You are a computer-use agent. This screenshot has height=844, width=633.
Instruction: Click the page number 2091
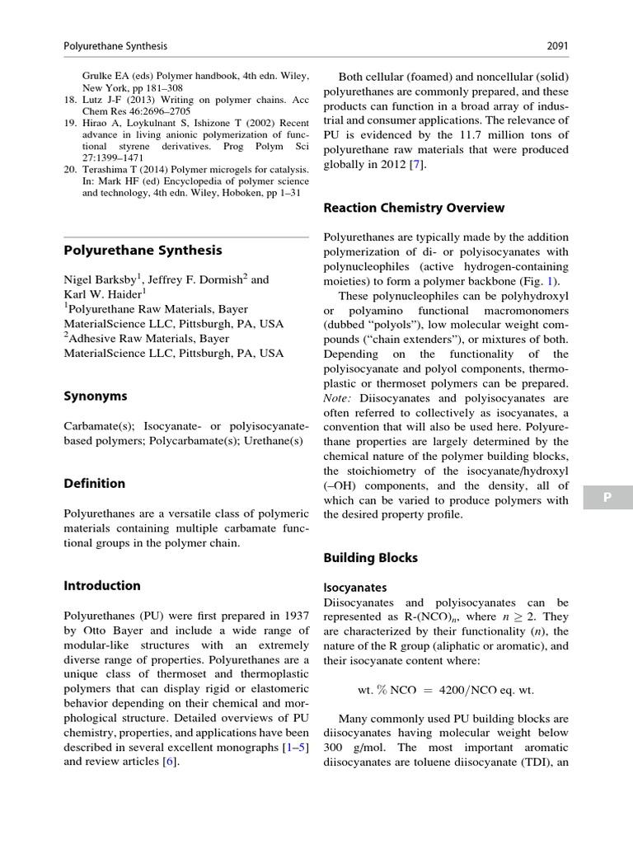(556, 46)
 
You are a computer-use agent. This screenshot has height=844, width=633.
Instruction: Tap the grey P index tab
(607, 497)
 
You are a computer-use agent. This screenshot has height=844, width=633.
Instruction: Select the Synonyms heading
(96, 396)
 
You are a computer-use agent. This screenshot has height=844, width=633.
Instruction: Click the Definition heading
(95, 483)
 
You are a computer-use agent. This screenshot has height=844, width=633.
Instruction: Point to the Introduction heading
(102, 586)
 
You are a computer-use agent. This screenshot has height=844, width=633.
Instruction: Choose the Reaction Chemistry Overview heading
(414, 208)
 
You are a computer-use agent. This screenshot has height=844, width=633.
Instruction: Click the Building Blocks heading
(370, 558)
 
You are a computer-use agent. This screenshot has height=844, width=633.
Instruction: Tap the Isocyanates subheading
(355, 588)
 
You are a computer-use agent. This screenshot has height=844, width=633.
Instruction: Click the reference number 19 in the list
(70, 123)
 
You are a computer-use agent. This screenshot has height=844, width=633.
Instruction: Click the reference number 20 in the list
(70, 170)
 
